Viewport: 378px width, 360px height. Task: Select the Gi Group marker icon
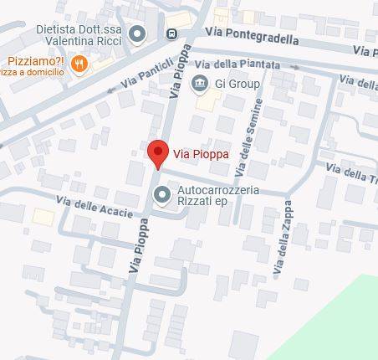(200, 83)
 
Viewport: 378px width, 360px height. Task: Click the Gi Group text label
(238, 84)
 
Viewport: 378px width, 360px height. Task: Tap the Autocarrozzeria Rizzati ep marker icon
(162, 196)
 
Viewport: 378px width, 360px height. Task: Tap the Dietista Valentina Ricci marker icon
(139, 33)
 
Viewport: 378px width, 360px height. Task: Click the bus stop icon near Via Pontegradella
(171, 33)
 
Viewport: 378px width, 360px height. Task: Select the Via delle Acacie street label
(94, 207)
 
